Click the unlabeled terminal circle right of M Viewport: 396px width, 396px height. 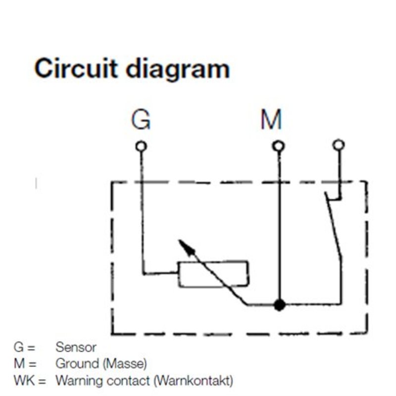[339, 145]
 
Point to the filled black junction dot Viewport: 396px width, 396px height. [280, 305]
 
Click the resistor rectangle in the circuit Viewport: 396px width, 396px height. [213, 273]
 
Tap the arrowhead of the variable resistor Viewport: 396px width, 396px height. [184, 245]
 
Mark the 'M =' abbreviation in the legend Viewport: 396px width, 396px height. [25, 364]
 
